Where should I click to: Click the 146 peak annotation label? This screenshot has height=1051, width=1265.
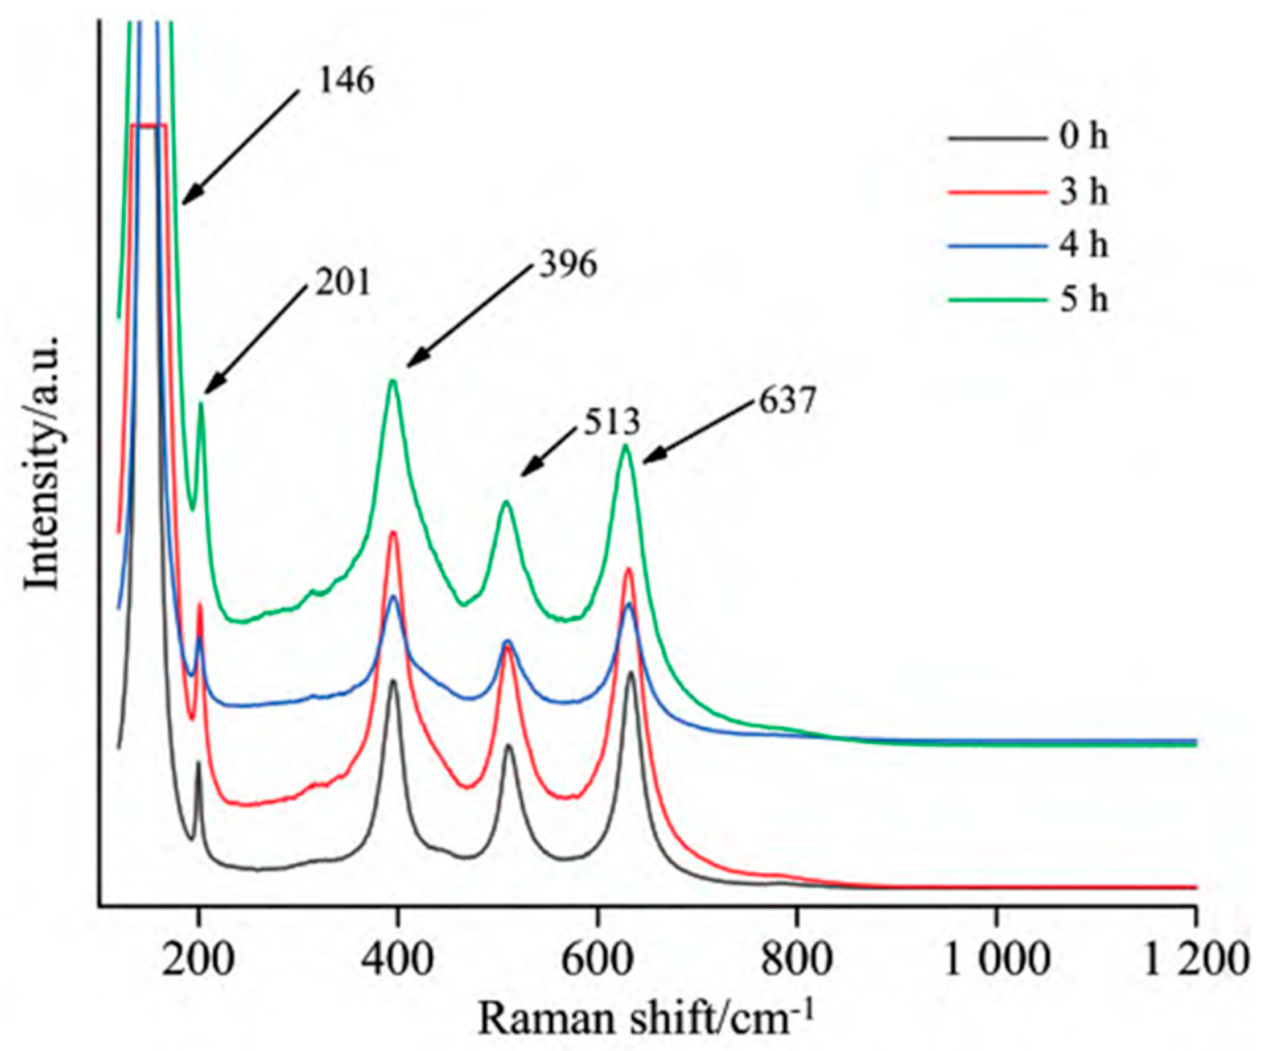(346, 81)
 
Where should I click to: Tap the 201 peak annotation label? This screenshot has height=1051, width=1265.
(343, 283)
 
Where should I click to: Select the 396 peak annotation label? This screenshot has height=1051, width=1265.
(568, 265)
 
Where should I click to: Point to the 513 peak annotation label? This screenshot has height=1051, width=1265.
(611, 423)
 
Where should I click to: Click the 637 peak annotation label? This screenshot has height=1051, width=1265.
(788, 401)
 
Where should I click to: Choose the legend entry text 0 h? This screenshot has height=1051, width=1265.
(1083, 137)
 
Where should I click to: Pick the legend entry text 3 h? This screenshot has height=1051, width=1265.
(1083, 192)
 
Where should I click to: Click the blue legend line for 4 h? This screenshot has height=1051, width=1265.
(997, 246)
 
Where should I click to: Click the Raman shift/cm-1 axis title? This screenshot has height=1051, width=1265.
(645, 1017)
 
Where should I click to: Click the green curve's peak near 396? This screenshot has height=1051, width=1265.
(393, 380)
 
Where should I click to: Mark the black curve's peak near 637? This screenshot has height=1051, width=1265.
(631, 673)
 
